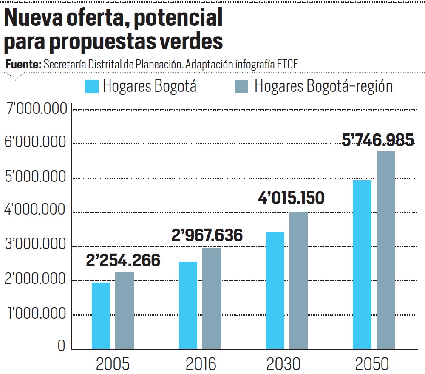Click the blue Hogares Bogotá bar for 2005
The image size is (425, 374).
[101, 316]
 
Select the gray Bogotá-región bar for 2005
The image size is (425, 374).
[125, 311]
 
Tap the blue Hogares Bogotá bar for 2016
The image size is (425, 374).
[188, 305]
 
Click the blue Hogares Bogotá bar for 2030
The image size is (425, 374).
[275, 290]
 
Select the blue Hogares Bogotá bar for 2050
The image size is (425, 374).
[362, 264]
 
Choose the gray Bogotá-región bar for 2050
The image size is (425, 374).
[386, 250]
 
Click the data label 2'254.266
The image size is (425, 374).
[123, 261]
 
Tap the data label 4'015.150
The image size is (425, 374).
[291, 198]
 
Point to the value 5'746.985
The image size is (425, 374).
[378, 140]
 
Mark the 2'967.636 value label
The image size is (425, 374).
[207, 235]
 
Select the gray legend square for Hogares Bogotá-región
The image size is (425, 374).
[241, 86]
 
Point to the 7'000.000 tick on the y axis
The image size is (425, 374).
[37, 109]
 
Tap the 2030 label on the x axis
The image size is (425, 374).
[283, 364]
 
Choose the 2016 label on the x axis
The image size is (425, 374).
[201, 364]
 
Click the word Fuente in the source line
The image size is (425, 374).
[23, 65]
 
